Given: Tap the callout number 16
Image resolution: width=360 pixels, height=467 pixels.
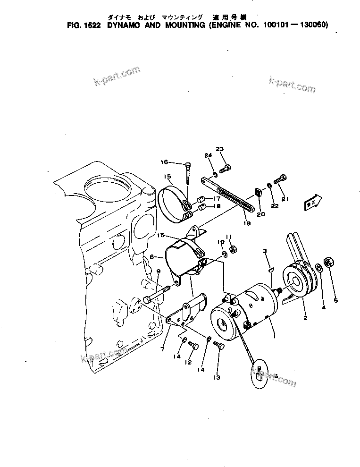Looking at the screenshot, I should click(x=164, y=162).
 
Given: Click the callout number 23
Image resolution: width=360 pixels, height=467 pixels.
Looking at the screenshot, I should click(x=219, y=149).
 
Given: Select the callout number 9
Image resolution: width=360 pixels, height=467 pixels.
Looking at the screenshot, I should click(x=159, y=271).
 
